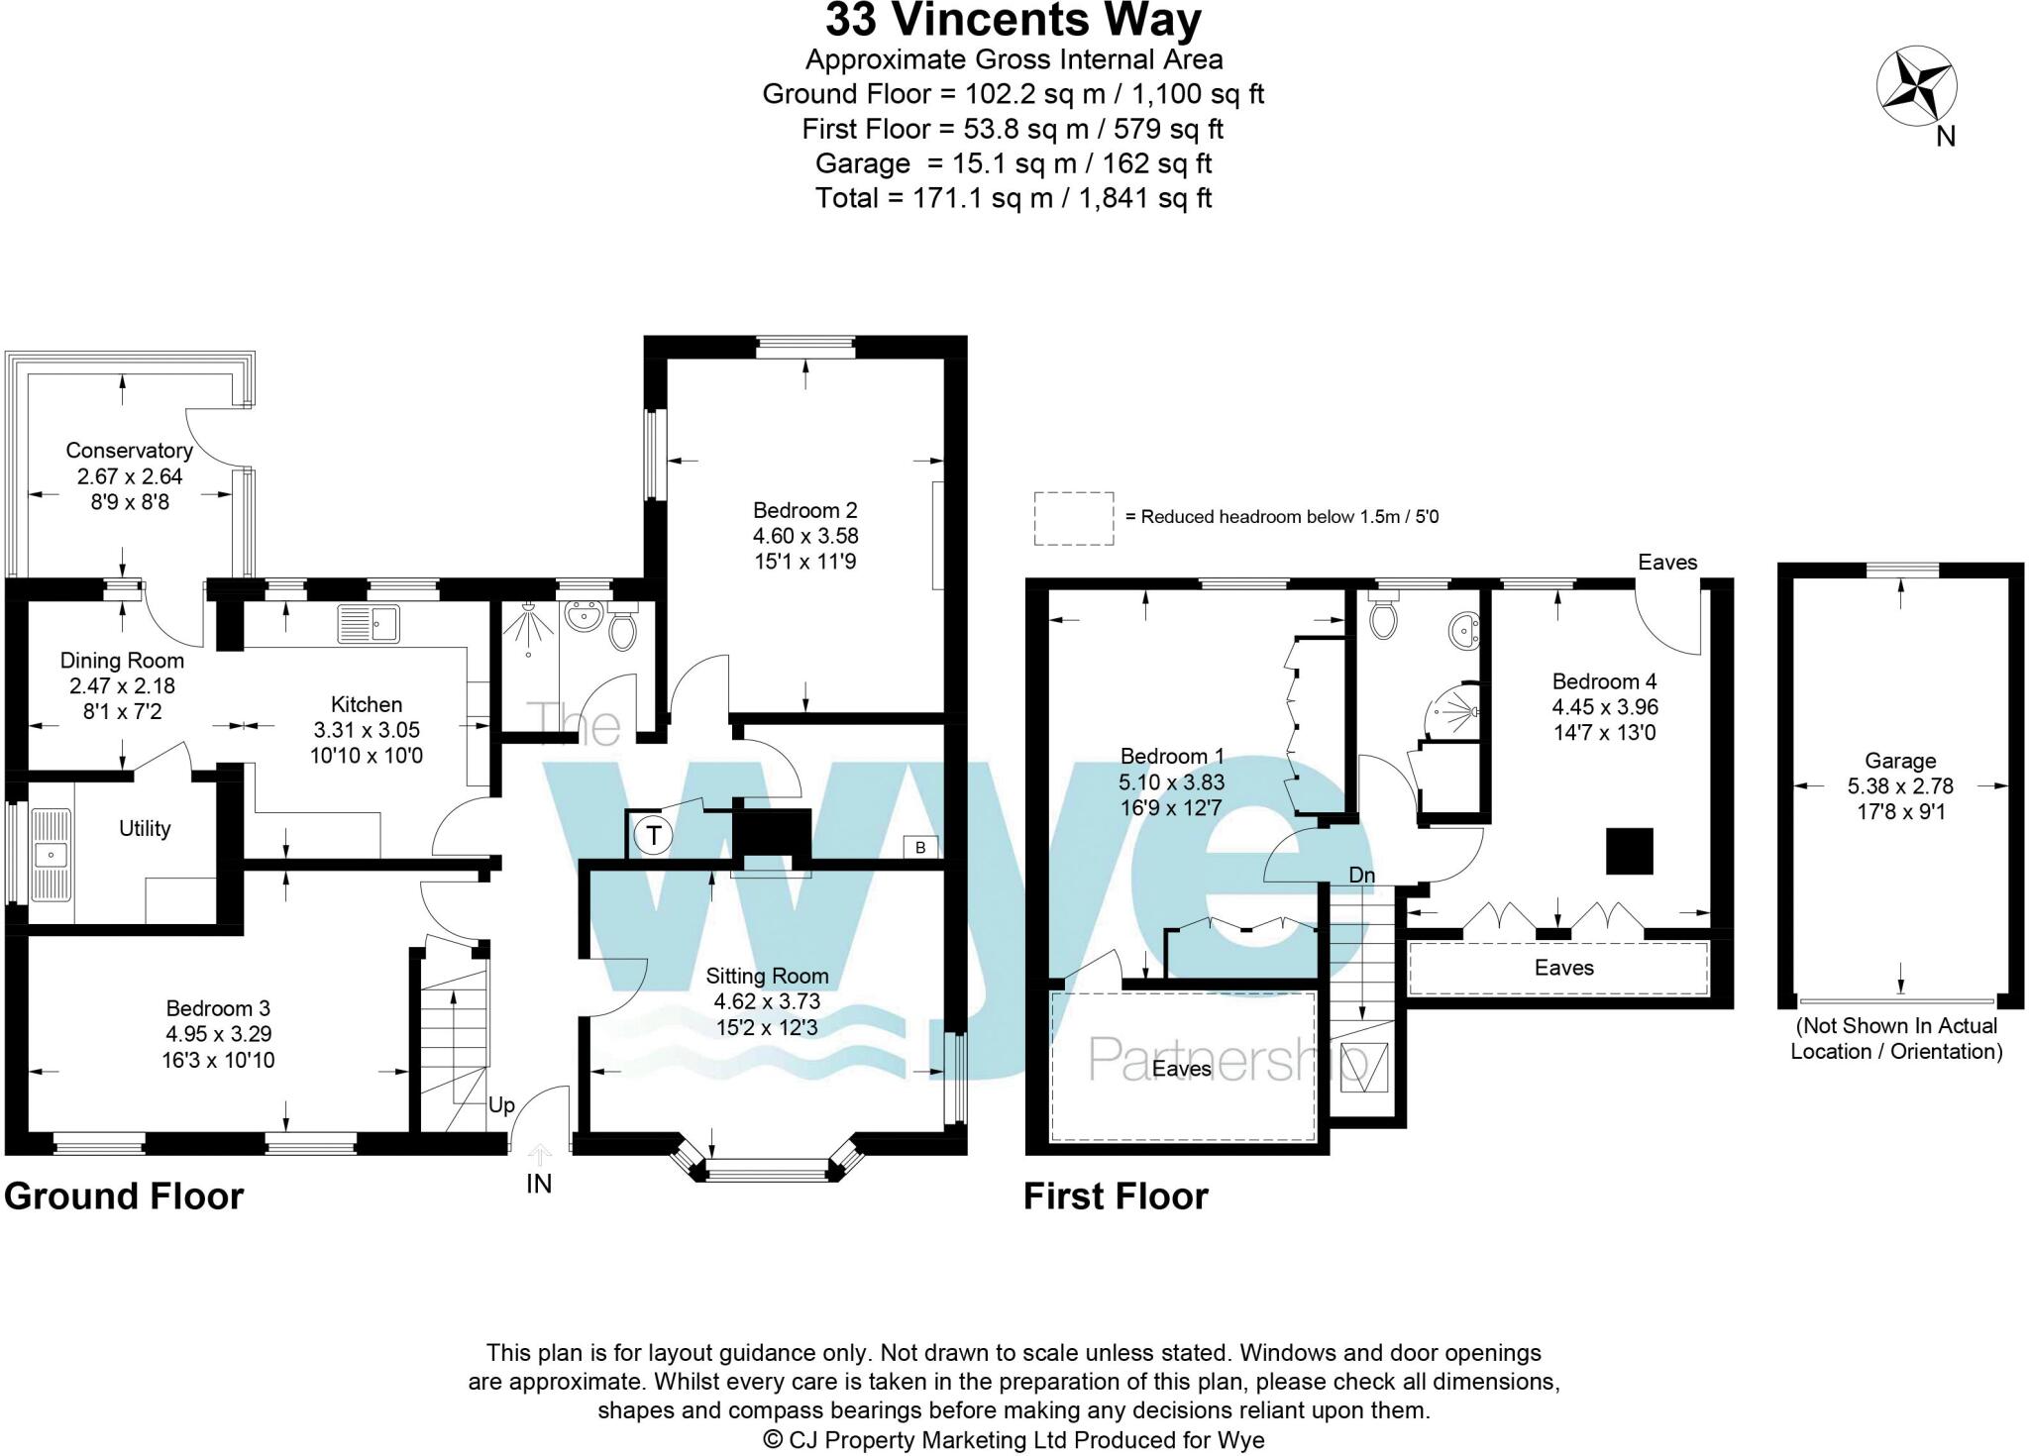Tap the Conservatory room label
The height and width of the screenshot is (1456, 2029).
click(x=129, y=451)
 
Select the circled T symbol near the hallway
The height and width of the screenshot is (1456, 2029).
click(x=653, y=836)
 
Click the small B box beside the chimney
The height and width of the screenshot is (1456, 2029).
click(x=920, y=847)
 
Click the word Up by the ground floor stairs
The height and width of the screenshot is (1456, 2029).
click(x=501, y=1105)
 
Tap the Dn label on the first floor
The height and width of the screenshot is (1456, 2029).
click(x=1362, y=876)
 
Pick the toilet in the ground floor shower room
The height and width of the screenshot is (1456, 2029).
click(x=622, y=629)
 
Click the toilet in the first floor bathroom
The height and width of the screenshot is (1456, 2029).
click(x=1381, y=619)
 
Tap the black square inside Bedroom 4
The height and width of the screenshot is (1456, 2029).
click(x=1629, y=851)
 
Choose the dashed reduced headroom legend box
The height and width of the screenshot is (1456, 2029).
click(x=1073, y=518)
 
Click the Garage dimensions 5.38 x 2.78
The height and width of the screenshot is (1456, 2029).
click(x=1899, y=786)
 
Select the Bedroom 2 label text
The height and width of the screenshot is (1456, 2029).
click(x=804, y=511)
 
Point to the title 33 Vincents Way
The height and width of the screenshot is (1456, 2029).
click(x=1013, y=21)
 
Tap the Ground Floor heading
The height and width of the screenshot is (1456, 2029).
click(x=124, y=1196)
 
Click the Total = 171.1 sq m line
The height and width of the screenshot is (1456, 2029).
click(x=1013, y=198)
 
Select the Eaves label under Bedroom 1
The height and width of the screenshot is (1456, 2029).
click(x=1181, y=1069)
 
